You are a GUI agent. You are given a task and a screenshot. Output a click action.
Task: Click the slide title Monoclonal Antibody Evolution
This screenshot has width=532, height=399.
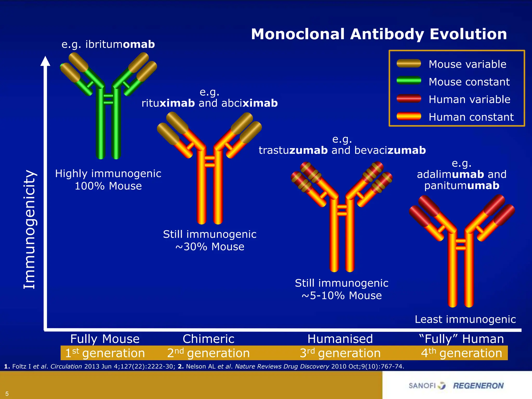379,34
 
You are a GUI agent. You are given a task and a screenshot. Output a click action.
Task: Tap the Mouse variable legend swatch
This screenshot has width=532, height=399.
409,64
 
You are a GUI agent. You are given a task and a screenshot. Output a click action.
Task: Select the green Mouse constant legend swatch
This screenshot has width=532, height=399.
409,81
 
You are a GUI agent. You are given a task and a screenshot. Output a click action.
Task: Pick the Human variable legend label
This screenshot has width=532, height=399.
469,99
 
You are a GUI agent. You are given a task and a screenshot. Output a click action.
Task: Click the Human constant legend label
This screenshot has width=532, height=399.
471,117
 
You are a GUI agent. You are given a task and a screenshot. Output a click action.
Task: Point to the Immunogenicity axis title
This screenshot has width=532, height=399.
29,229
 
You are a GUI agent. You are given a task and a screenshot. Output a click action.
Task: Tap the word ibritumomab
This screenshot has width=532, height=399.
120,44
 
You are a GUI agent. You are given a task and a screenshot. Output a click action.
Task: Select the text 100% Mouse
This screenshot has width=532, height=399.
108,186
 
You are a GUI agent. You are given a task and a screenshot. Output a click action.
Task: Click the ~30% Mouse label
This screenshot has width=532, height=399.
210,247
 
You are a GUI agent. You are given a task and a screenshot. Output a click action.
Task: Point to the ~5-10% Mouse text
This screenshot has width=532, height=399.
342,296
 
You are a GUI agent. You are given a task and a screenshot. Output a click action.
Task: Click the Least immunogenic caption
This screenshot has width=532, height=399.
465,320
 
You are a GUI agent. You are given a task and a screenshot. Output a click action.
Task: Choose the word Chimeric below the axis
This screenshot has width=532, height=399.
208,339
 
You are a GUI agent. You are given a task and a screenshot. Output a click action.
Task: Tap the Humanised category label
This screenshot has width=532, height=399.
340,339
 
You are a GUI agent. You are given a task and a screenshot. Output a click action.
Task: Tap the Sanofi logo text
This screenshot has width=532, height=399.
422,386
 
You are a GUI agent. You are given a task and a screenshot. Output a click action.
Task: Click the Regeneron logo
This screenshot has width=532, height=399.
478,386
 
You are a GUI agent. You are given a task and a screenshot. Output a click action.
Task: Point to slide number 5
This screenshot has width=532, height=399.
7,394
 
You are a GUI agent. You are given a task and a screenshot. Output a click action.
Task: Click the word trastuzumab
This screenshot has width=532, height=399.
293,150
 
